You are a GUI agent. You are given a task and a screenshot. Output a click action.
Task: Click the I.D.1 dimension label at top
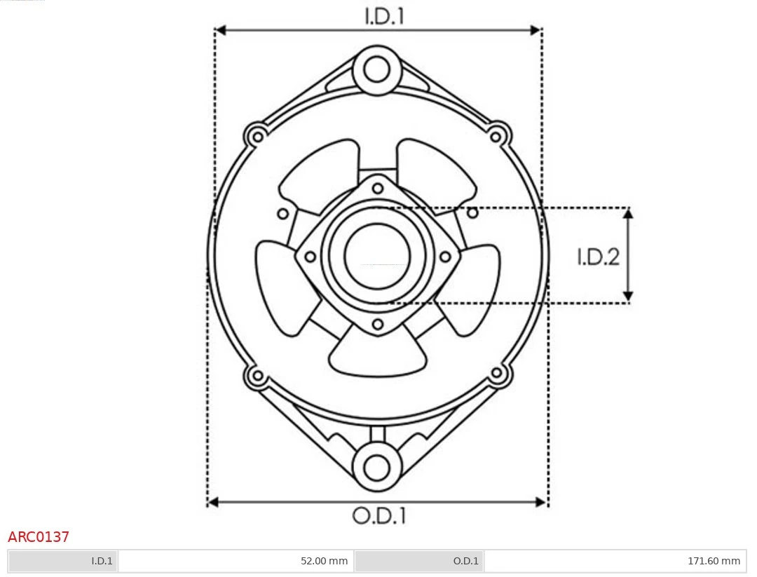click(384, 16)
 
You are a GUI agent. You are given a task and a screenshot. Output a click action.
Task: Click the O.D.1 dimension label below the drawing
click(378, 517)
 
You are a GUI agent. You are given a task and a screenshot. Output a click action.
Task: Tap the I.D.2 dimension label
click(598, 257)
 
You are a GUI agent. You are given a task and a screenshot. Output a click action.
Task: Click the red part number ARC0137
click(39, 537)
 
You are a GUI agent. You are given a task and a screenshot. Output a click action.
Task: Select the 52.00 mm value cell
click(236, 561)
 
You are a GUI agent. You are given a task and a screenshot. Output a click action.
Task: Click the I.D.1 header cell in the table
click(63, 561)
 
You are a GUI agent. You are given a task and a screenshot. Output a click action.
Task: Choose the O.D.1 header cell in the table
click(419, 561)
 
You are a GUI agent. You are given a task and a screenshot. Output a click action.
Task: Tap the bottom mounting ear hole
click(377, 467)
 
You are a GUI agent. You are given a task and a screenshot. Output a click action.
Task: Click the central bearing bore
click(377, 255)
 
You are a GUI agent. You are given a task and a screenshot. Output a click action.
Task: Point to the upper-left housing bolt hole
click(257, 135)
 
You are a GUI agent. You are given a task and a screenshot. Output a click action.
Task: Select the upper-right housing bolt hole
click(497, 134)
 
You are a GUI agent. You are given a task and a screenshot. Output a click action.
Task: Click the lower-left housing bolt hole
click(257, 375)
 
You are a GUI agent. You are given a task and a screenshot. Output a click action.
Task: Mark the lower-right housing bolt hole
click(497, 374)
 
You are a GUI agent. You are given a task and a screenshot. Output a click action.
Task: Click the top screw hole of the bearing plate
click(378, 187)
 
